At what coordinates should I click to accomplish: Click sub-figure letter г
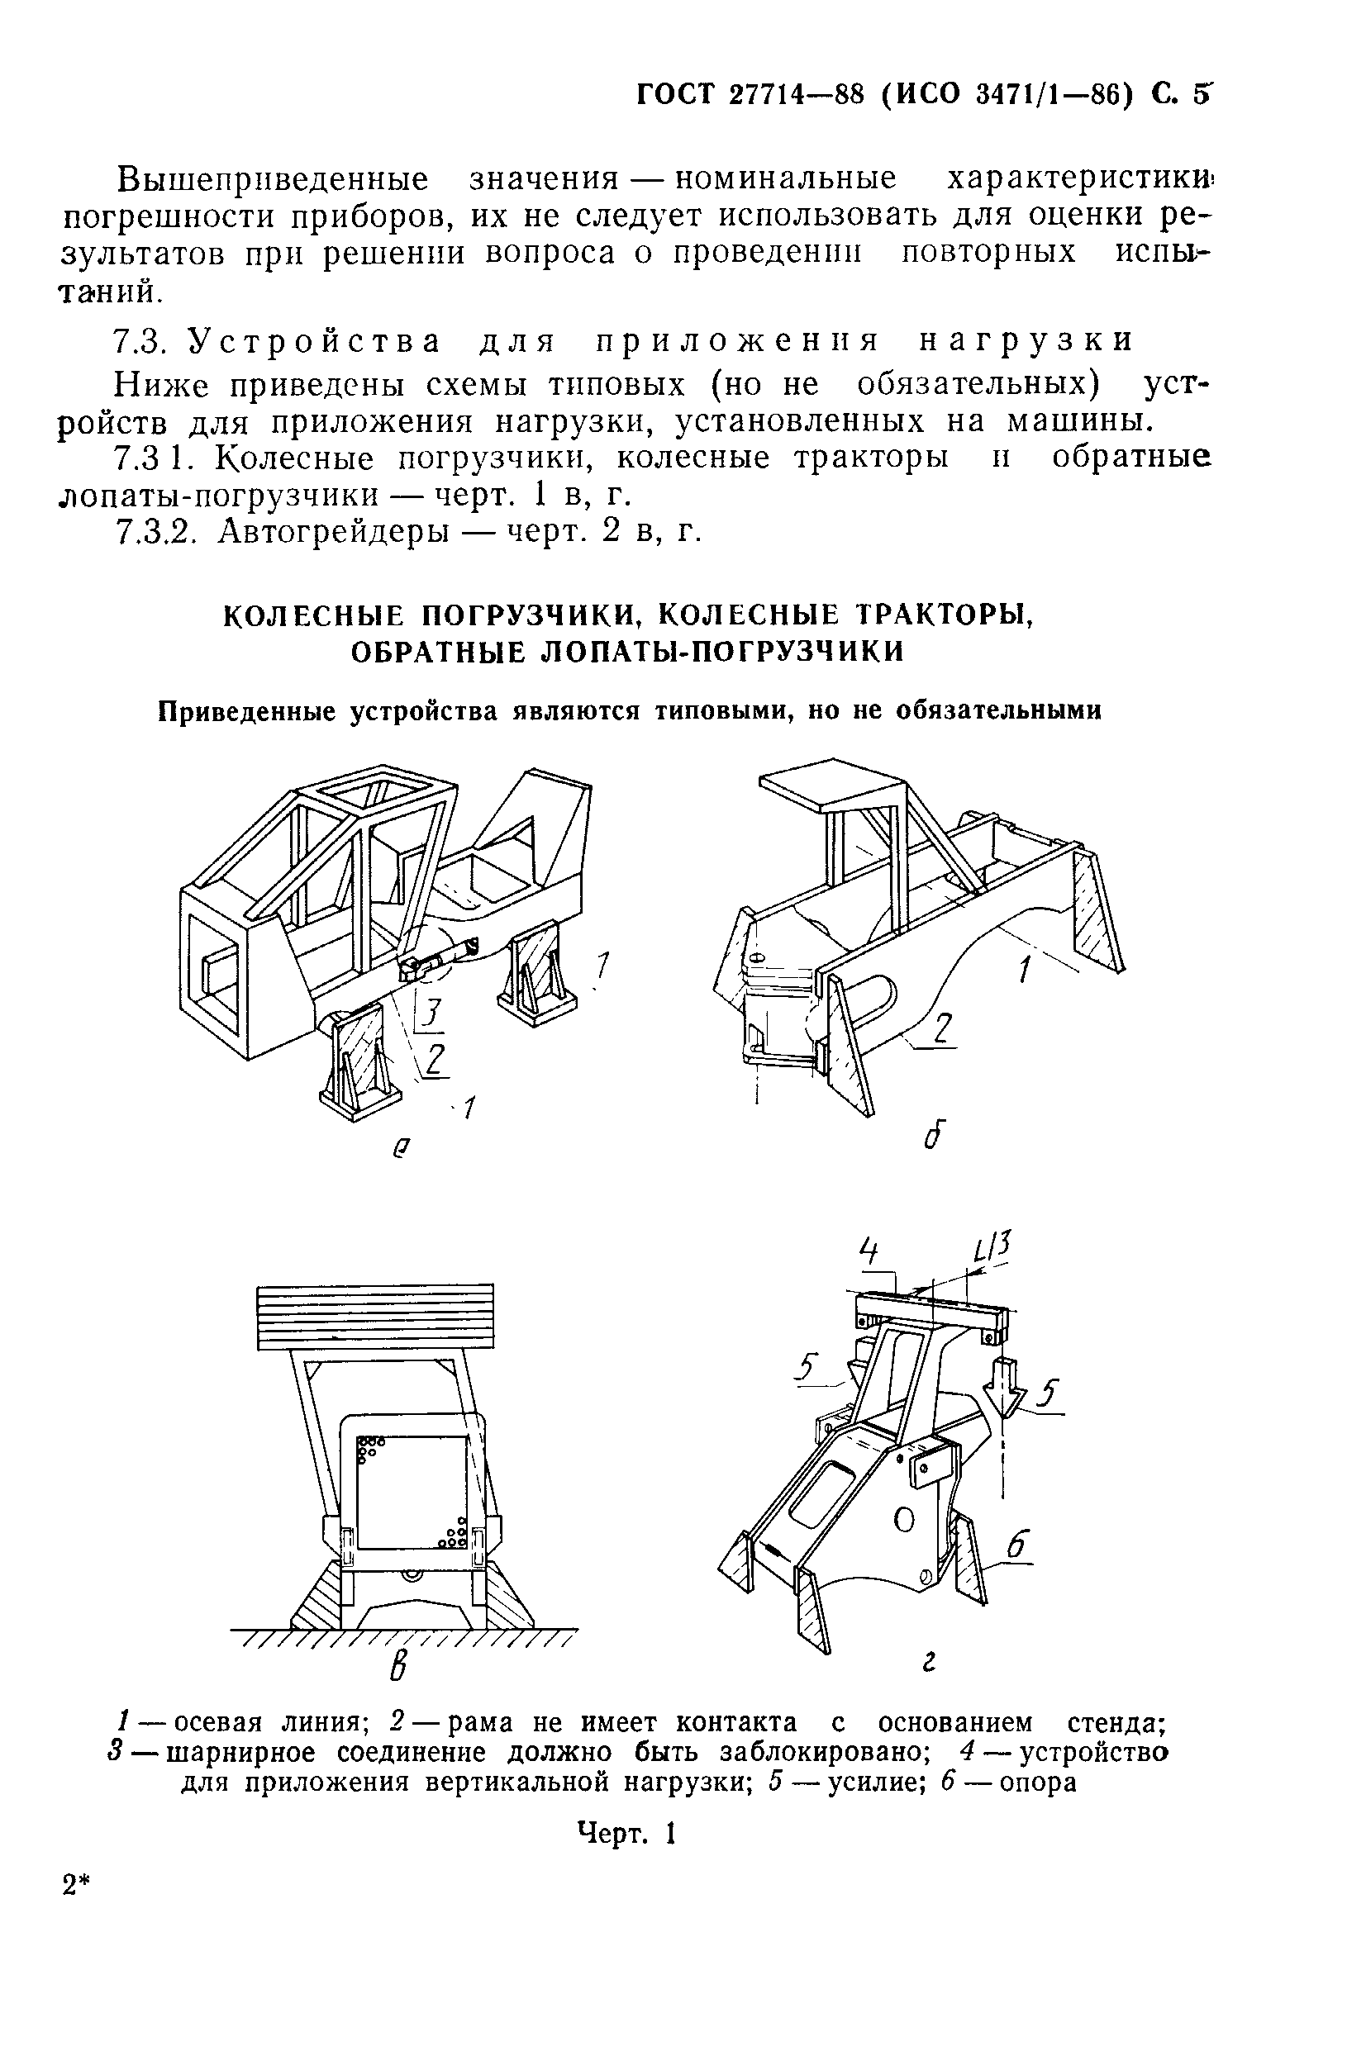pyautogui.click(x=929, y=1661)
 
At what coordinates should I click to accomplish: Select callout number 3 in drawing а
pyautogui.click(x=431, y=1013)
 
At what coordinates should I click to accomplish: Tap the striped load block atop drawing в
pyautogui.click(x=375, y=1316)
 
